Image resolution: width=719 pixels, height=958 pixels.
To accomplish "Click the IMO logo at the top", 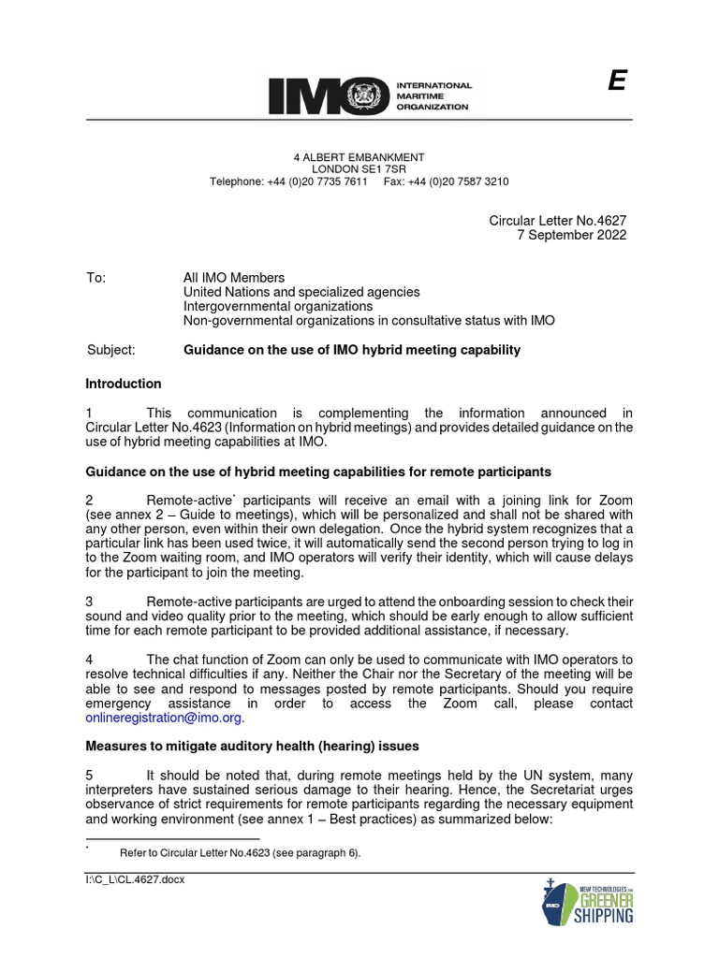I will pyautogui.click(x=370, y=95).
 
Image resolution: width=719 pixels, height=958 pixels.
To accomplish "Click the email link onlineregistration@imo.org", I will pyautogui.click(x=164, y=718).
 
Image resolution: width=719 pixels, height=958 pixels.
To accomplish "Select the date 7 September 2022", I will pyautogui.click(x=572, y=235).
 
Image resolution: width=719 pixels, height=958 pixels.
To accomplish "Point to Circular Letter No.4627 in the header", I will pyautogui.click(x=558, y=220).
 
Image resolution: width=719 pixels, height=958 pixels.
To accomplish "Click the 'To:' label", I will pyautogui.click(x=96, y=278).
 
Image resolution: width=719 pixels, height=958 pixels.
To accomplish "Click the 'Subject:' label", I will pyautogui.click(x=110, y=350).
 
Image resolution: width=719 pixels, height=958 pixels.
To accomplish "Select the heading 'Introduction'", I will pyautogui.click(x=124, y=384).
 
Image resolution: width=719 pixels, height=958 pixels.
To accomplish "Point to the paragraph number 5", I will pyautogui.click(x=89, y=775).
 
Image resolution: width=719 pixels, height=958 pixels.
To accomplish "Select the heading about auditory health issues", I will pyautogui.click(x=252, y=746).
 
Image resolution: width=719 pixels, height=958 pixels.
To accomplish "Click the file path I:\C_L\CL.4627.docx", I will pyautogui.click(x=135, y=880).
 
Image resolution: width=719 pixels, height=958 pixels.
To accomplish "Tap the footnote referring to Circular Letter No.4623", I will pyautogui.click(x=240, y=853).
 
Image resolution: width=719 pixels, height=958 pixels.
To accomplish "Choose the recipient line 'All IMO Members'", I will pyautogui.click(x=233, y=278).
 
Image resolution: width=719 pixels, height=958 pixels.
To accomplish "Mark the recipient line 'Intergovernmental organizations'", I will pyautogui.click(x=278, y=306).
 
